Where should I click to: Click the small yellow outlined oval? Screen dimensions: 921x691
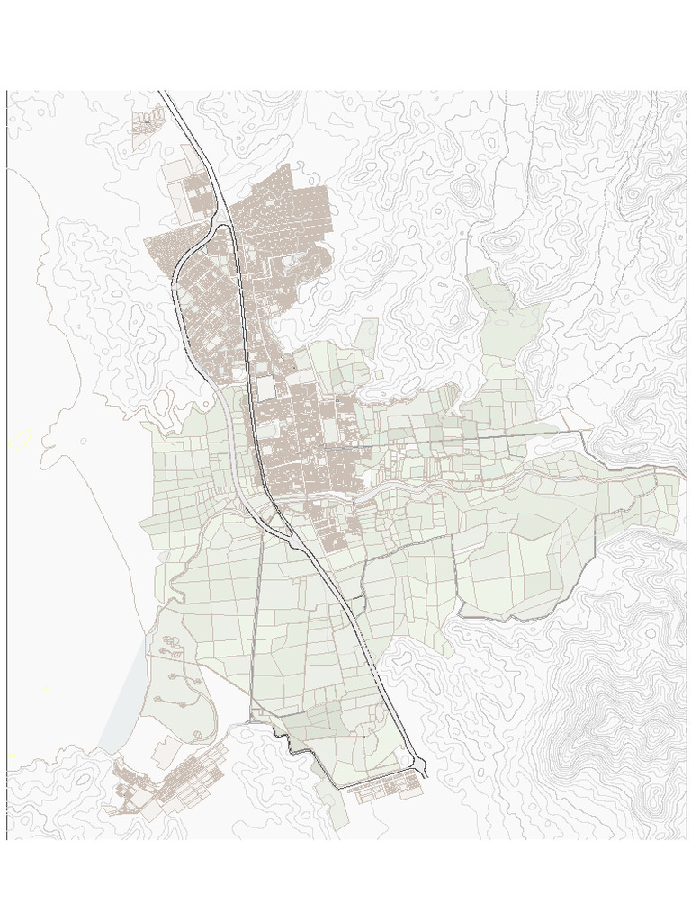(21, 439)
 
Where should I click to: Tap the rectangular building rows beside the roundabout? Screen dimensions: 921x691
(387, 790)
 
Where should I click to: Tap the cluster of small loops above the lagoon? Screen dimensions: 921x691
(171, 648)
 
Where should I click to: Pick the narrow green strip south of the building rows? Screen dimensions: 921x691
(337, 809)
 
